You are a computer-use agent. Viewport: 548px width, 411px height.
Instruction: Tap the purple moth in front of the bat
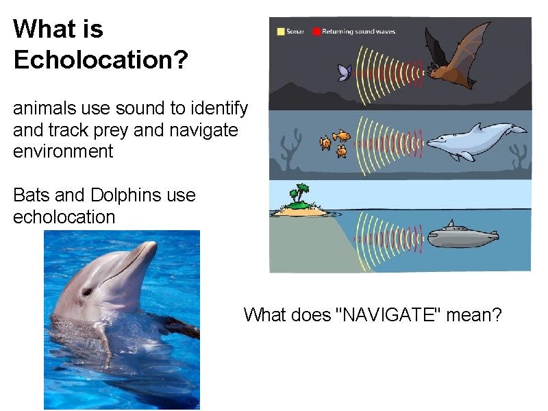[345, 72]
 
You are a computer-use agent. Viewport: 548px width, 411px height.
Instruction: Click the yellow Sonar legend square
[280, 32]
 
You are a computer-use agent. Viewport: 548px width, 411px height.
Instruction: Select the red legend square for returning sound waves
[316, 32]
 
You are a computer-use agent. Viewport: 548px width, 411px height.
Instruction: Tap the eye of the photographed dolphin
[88, 291]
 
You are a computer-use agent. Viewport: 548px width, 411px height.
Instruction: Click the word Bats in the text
[31, 195]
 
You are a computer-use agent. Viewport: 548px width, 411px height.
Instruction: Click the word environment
[63, 151]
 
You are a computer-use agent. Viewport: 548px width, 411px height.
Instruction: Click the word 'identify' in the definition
[216, 108]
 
